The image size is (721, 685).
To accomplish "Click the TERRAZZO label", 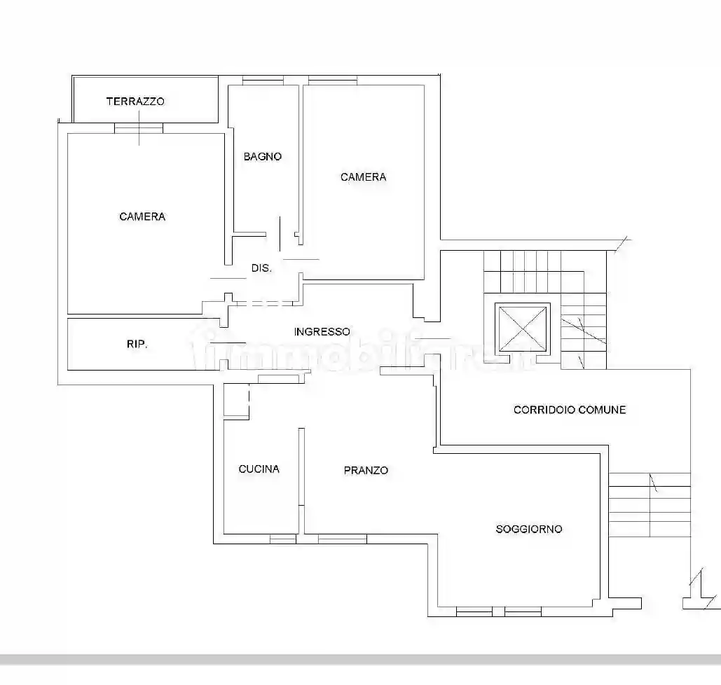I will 135,101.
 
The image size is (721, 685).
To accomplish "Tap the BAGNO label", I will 263,156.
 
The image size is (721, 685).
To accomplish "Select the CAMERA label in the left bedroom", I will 142,216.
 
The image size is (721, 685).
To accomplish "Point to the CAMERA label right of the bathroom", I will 363,177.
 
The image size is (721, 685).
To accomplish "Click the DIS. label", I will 261,268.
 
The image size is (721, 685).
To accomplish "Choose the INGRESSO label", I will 322,331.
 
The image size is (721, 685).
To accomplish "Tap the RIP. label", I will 137,344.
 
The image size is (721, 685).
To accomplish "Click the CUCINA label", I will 259,469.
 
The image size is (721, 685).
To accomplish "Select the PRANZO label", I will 366,470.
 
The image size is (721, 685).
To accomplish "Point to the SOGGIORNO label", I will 529,529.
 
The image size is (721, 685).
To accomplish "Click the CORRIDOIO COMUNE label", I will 570,409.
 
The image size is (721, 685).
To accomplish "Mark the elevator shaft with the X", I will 523,328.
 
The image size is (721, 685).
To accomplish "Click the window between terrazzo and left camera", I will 139,128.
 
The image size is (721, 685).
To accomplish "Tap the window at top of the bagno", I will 263,81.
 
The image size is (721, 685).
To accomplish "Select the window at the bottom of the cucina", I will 283,539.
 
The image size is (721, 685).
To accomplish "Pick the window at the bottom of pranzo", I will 342,539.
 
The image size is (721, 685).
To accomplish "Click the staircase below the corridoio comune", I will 649,504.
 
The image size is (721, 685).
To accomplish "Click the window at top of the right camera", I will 332,81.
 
